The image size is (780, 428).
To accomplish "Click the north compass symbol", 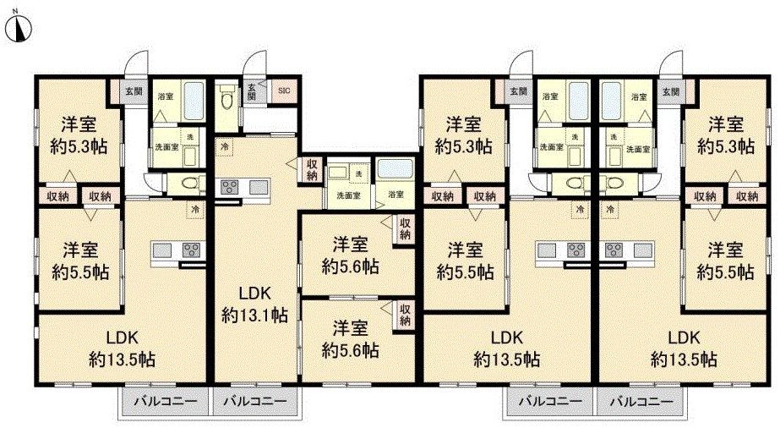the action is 20,28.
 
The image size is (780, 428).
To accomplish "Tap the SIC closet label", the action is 284,91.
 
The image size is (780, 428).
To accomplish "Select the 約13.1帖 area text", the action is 254,315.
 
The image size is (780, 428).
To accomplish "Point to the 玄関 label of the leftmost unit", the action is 134,91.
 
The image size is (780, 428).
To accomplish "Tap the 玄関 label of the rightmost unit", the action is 672,91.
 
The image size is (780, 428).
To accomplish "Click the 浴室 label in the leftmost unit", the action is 166,96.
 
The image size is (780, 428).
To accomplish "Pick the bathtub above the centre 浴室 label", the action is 395,168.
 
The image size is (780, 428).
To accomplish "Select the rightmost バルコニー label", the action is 641,401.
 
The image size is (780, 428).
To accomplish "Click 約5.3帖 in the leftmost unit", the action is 79,146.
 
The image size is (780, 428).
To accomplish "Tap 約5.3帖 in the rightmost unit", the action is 726,146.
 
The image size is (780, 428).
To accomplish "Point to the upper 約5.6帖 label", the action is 350,266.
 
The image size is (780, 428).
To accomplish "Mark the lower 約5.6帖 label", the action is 350,350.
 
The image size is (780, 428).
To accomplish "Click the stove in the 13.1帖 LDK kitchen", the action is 230,187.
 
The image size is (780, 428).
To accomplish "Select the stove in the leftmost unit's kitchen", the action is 190,250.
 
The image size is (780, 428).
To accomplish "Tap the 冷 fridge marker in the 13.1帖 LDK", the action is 225,147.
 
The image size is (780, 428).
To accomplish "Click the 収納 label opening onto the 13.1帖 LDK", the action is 312,169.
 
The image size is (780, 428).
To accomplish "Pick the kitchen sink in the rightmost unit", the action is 644,250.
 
